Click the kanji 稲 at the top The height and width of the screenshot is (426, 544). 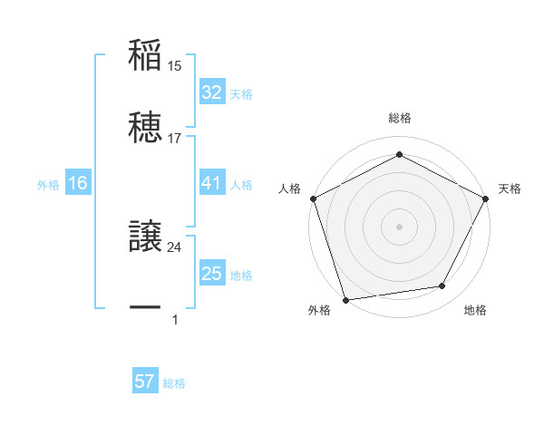(145, 56)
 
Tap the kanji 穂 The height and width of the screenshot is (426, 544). (145, 127)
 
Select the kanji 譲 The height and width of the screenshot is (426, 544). (145, 237)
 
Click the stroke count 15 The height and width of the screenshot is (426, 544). (175, 66)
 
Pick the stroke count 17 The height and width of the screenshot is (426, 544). (175, 138)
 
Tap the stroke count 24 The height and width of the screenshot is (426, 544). (175, 247)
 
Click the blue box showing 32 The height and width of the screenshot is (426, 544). (211, 92)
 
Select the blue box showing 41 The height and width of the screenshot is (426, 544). (211, 183)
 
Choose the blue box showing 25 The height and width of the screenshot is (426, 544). (211, 274)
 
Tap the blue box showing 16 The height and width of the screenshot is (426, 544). (78, 183)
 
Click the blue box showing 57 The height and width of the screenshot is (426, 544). (145, 382)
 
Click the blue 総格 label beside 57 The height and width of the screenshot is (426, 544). (174, 383)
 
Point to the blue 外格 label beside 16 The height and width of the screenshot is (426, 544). (48, 185)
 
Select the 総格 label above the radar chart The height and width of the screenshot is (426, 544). (400, 118)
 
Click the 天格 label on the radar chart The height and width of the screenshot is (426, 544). (510, 189)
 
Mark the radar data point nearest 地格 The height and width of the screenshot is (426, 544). (442, 286)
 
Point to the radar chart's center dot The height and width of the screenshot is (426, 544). (400, 226)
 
